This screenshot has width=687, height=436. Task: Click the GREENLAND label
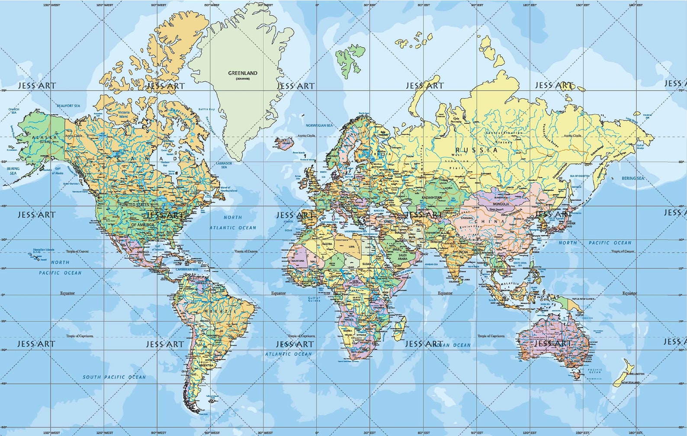point(243,74)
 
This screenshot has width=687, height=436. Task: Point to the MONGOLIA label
point(501,203)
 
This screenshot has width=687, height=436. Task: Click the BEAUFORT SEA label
point(68,106)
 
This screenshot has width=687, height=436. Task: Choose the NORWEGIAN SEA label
point(319,125)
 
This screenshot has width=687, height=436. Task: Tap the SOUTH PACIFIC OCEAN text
point(114,377)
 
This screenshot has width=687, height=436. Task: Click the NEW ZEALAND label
point(630,383)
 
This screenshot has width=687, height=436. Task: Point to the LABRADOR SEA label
point(224,165)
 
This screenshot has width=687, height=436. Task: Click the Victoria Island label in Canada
point(124,114)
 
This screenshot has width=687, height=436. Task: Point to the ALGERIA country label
point(327,244)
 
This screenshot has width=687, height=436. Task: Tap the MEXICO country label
point(143,252)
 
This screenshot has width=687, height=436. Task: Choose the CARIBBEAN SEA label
point(186,269)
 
